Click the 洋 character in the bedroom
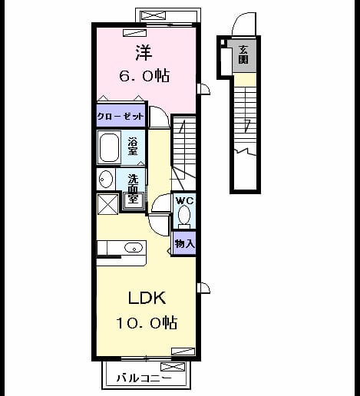tap(144, 53)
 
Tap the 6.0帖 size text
tap(144, 76)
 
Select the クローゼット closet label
tap(121, 117)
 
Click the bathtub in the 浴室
tap(109, 147)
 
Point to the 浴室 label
tap(133, 146)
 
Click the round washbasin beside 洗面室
tap(106, 179)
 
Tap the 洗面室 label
tap(133, 189)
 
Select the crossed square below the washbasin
tap(108, 204)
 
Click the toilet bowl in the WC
tap(184, 215)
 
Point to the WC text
tap(185, 201)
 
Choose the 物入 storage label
tap(185, 243)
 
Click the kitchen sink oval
tap(134, 248)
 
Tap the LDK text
tap(147, 298)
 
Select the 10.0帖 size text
tap(147, 322)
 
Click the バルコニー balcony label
tap(144, 378)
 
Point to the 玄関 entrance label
tap(243, 54)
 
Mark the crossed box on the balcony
tap(173, 367)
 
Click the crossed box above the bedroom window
tap(154, 15)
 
